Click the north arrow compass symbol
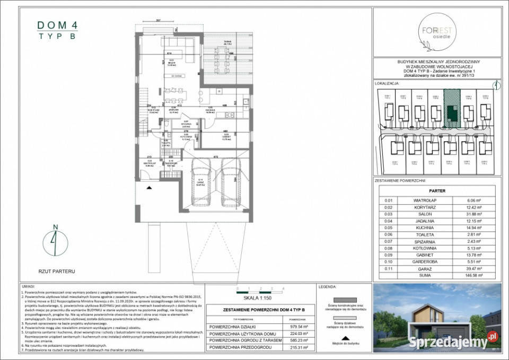pos(55,241)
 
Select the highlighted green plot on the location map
pos(452,109)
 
